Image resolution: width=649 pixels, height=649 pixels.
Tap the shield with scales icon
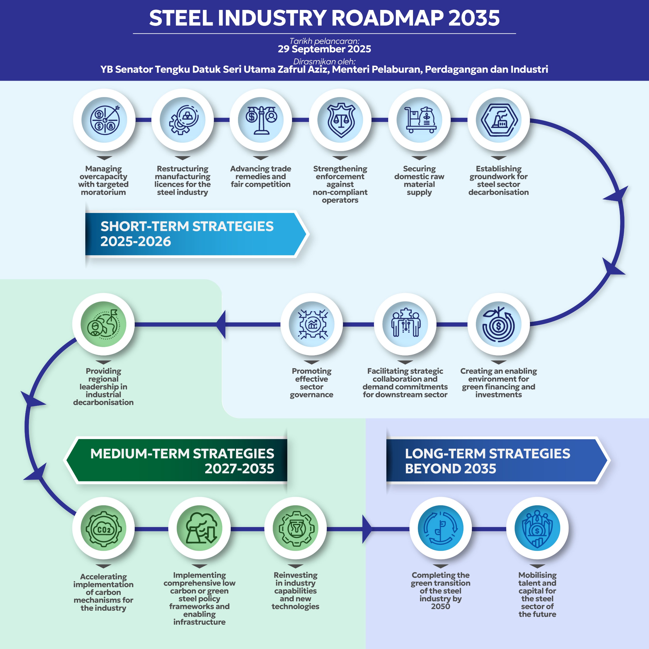tap(340, 120)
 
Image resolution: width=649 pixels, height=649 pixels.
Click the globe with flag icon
tap(103, 324)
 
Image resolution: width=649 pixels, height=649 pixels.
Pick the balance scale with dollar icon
tap(261, 120)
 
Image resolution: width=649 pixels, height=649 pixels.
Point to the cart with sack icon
tap(420, 120)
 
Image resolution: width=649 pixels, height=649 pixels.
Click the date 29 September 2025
tap(324, 49)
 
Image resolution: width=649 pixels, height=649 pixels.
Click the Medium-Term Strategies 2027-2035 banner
tap(178, 461)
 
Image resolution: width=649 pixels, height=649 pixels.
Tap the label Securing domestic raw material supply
tap(419, 181)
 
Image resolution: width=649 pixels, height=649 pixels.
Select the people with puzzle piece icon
tap(405, 324)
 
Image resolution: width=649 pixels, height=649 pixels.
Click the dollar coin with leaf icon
tap(498, 324)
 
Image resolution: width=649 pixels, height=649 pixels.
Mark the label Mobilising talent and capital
tap(537, 594)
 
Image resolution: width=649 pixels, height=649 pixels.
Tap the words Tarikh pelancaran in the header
tap(324, 41)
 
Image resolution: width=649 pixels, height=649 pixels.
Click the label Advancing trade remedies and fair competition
tap(261, 176)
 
